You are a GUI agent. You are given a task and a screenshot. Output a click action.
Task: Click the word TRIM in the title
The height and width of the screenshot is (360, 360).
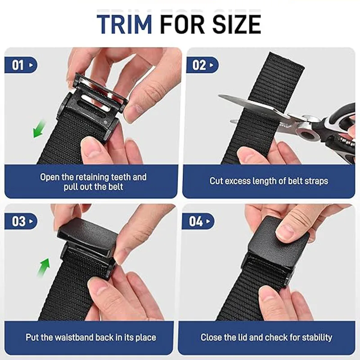[x=124, y=24]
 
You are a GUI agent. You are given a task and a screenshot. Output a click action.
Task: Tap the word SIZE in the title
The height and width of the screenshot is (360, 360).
[x=237, y=24]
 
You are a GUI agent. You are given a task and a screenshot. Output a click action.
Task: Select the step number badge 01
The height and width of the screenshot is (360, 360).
[x=21, y=65]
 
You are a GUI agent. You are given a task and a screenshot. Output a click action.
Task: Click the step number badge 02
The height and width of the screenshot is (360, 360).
[x=202, y=65]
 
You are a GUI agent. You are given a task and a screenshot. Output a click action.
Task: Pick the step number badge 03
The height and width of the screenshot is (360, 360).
[x=21, y=221]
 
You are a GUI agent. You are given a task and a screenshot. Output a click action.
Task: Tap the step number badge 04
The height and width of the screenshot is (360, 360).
[x=198, y=221]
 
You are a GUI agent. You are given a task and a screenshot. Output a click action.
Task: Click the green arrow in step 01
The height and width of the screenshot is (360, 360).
[x=39, y=129]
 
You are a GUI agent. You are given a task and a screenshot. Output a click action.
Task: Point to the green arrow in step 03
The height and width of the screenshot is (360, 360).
[x=44, y=267]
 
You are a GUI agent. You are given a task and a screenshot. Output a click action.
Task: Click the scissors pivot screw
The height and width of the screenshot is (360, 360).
[x=307, y=134]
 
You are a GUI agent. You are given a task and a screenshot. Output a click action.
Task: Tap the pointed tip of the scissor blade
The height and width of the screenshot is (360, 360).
[x=219, y=96]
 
